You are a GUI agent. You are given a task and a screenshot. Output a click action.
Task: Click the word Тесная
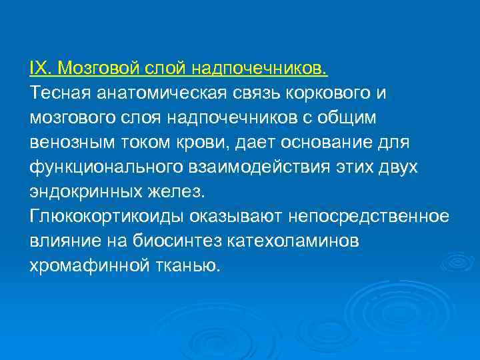pyautogui.click(x=60, y=93)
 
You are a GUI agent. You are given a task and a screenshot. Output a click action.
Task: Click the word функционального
pyautogui.click(x=103, y=167)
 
